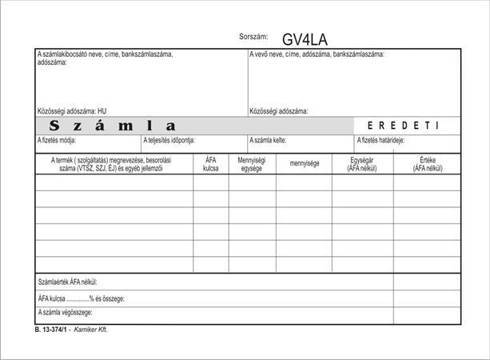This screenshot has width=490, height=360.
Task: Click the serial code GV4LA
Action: [x=305, y=39]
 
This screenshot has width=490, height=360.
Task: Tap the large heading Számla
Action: [x=112, y=126]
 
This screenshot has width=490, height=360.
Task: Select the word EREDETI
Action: [x=403, y=126]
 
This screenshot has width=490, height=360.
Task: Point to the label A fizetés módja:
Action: [x=57, y=141]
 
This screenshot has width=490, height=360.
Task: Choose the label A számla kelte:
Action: [x=269, y=141]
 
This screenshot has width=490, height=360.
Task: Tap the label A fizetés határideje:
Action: [x=380, y=141]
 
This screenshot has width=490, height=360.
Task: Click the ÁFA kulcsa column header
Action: [x=211, y=164]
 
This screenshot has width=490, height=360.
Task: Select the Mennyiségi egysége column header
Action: [x=252, y=164]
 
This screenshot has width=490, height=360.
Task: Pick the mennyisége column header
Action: [x=305, y=164]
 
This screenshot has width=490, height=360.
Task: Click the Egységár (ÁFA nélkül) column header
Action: [x=362, y=164]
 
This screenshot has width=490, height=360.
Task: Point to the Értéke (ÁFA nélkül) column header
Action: [x=426, y=164]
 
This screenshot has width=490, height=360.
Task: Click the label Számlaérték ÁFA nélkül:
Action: [x=74, y=282]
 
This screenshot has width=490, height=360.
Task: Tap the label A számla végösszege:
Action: [x=66, y=311]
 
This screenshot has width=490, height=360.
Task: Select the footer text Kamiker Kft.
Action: [x=91, y=330]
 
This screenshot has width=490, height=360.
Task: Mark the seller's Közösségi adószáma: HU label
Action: [x=72, y=111]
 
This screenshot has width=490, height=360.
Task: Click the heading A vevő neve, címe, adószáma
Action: [x=317, y=54]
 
